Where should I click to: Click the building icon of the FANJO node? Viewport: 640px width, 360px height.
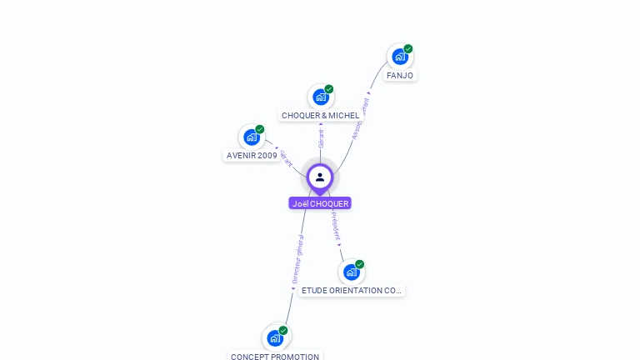tap(400, 57)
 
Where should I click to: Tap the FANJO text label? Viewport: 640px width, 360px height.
tap(400, 76)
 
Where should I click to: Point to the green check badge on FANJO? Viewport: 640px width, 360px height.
tap(408, 49)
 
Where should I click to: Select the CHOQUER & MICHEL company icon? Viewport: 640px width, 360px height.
tap(321, 97)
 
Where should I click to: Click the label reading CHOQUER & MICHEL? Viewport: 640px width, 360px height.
tap(321, 116)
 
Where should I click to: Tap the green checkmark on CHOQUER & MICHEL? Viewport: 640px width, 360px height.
tap(329, 89)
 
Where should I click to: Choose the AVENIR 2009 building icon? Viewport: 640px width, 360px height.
tap(252, 137)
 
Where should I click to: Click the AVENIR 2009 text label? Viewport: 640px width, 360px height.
tap(252, 156)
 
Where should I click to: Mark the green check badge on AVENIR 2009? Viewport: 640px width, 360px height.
tap(260, 129)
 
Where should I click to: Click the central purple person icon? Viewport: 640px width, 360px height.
tap(320, 177)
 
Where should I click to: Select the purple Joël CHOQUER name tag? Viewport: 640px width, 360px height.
tap(320, 203)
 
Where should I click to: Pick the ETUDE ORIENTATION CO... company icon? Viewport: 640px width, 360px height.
tap(352, 272)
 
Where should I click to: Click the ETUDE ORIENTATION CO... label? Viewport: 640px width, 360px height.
tap(352, 291)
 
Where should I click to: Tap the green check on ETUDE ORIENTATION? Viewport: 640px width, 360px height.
tap(360, 264)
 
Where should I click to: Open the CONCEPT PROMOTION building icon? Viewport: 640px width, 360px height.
tap(275, 339)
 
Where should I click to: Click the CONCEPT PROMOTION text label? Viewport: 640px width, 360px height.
tap(275, 357)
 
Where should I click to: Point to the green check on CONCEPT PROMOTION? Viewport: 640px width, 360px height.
tap(283, 331)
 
